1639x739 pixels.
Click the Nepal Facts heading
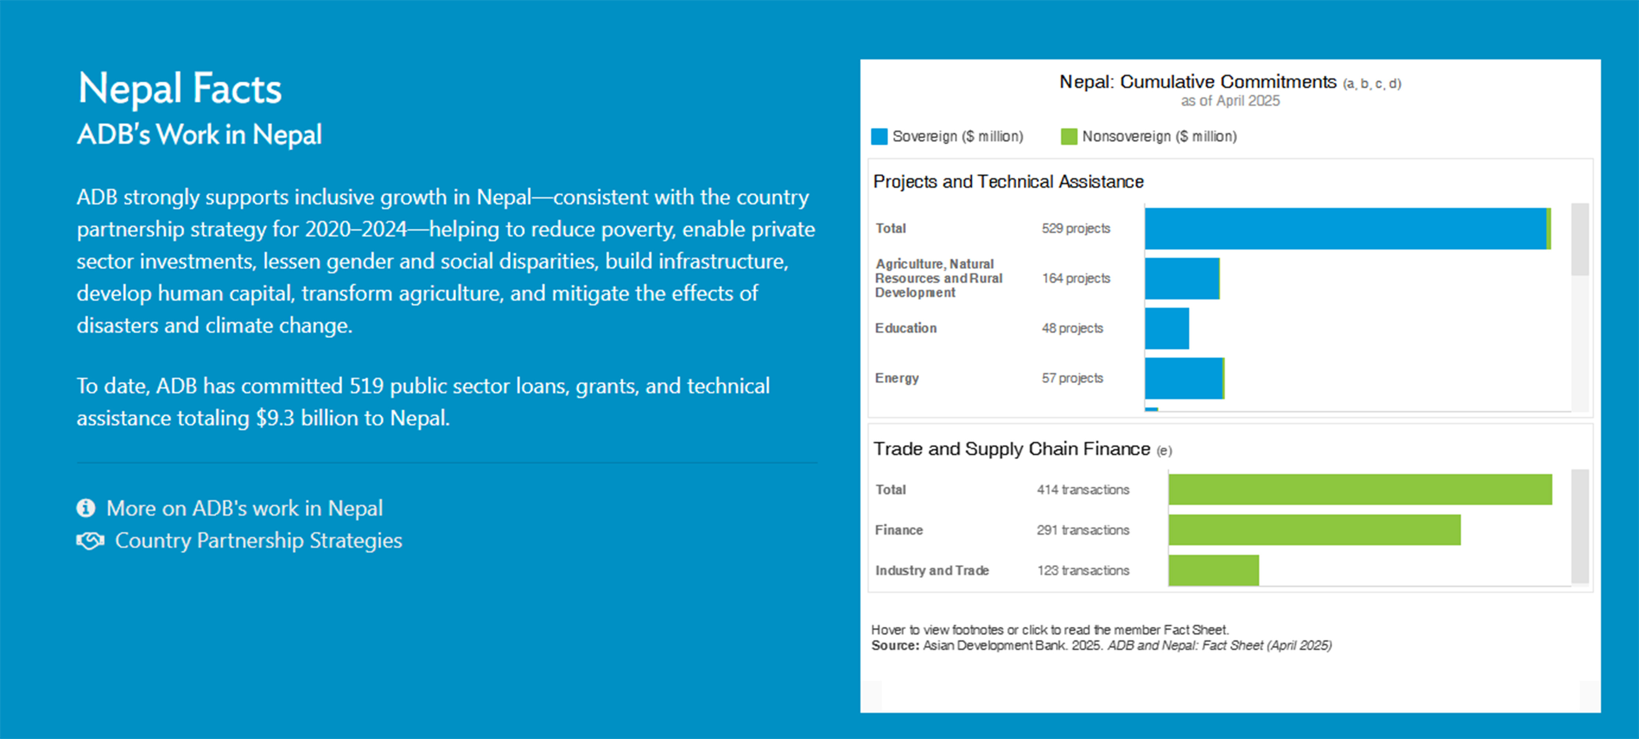tap(179, 88)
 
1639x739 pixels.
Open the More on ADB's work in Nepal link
tap(244, 508)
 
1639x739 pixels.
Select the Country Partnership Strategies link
tap(258, 541)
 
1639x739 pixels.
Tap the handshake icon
tap(90, 541)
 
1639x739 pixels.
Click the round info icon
tap(86, 508)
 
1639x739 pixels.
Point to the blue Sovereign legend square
tap(879, 136)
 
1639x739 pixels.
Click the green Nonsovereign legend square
tap(1069, 136)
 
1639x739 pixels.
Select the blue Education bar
tap(1167, 328)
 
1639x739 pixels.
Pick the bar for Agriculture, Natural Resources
tap(1182, 278)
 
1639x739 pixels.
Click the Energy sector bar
tap(1185, 378)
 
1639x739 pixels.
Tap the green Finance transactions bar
tap(1315, 529)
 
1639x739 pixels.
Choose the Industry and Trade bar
tap(1213, 570)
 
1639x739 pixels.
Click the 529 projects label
tap(1076, 228)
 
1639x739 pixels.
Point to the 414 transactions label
tap(1083, 490)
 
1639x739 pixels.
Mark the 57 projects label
tap(1072, 378)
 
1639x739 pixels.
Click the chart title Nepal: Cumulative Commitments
tap(1197, 81)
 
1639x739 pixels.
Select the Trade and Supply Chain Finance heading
tap(1012, 449)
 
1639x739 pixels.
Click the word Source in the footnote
tap(895, 645)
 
